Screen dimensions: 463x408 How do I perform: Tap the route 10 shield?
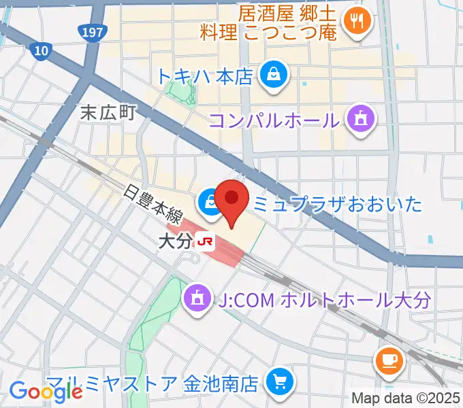click(x=41, y=49)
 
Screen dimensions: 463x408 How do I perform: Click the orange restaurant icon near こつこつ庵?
click(x=356, y=21)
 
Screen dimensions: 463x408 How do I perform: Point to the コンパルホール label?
click(x=274, y=121)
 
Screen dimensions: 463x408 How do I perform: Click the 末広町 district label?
click(x=108, y=112)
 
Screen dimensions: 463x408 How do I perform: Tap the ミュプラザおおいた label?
click(x=338, y=203)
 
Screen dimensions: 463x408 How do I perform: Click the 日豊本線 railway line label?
click(x=153, y=203)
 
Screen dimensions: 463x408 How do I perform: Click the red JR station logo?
click(x=205, y=240)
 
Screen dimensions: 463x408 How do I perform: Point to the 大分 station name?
click(x=174, y=241)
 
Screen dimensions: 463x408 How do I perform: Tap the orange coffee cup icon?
click(x=390, y=360)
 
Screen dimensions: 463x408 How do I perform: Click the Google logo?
click(x=46, y=392)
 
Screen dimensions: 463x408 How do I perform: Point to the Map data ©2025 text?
click(x=406, y=398)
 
